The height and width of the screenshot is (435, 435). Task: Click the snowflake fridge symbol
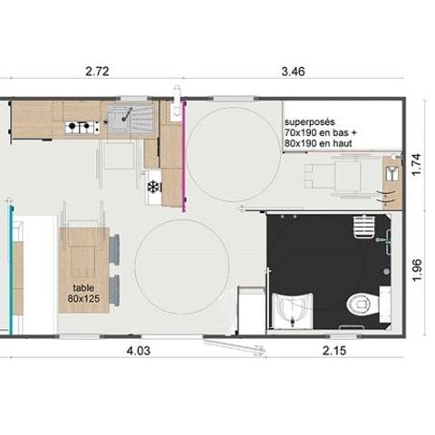pos(152,187)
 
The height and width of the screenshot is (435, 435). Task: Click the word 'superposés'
pos(310,121)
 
